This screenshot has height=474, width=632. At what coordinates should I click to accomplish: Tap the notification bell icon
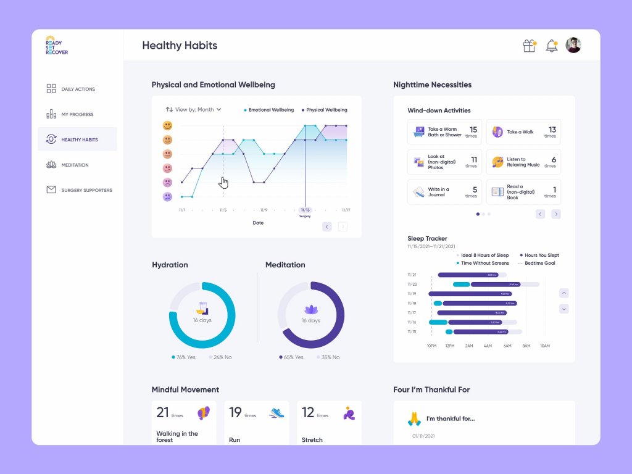click(551, 46)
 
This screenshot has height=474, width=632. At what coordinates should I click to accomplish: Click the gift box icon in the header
click(529, 46)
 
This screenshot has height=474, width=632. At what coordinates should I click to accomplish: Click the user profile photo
click(573, 45)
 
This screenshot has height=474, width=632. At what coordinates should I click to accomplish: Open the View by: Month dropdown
click(194, 109)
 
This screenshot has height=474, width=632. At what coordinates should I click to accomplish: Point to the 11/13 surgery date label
click(305, 210)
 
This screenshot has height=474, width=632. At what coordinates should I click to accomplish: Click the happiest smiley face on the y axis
click(167, 125)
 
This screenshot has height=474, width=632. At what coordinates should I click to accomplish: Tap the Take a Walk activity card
click(523, 132)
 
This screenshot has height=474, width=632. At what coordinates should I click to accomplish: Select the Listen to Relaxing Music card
click(523, 162)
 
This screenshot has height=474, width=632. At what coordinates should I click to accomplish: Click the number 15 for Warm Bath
click(473, 130)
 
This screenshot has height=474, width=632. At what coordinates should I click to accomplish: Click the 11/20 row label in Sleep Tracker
click(412, 285)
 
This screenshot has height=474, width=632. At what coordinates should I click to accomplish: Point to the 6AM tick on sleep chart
click(507, 346)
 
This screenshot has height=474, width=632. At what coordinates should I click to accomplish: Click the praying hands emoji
click(414, 419)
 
